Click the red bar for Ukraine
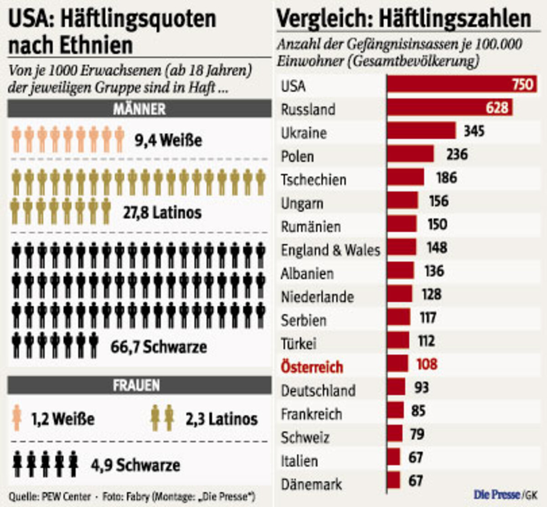tap(421, 131)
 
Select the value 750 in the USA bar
tap(522, 84)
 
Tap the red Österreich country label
tap(312, 367)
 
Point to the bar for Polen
tap(410, 154)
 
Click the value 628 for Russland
tap(496, 107)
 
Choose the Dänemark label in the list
tap(311, 484)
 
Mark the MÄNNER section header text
tap(139, 109)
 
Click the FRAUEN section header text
tap(136, 385)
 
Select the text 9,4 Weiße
tap(168, 140)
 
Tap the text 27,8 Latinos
tap(162, 213)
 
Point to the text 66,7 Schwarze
tap(159, 347)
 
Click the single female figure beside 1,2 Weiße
tap(17, 418)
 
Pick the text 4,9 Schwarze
tap(135, 465)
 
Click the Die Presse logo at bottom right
tap(497, 494)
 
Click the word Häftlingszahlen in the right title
tap(455, 19)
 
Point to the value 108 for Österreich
tap(427, 364)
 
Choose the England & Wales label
tap(330, 250)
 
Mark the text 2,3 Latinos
tap(222, 419)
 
